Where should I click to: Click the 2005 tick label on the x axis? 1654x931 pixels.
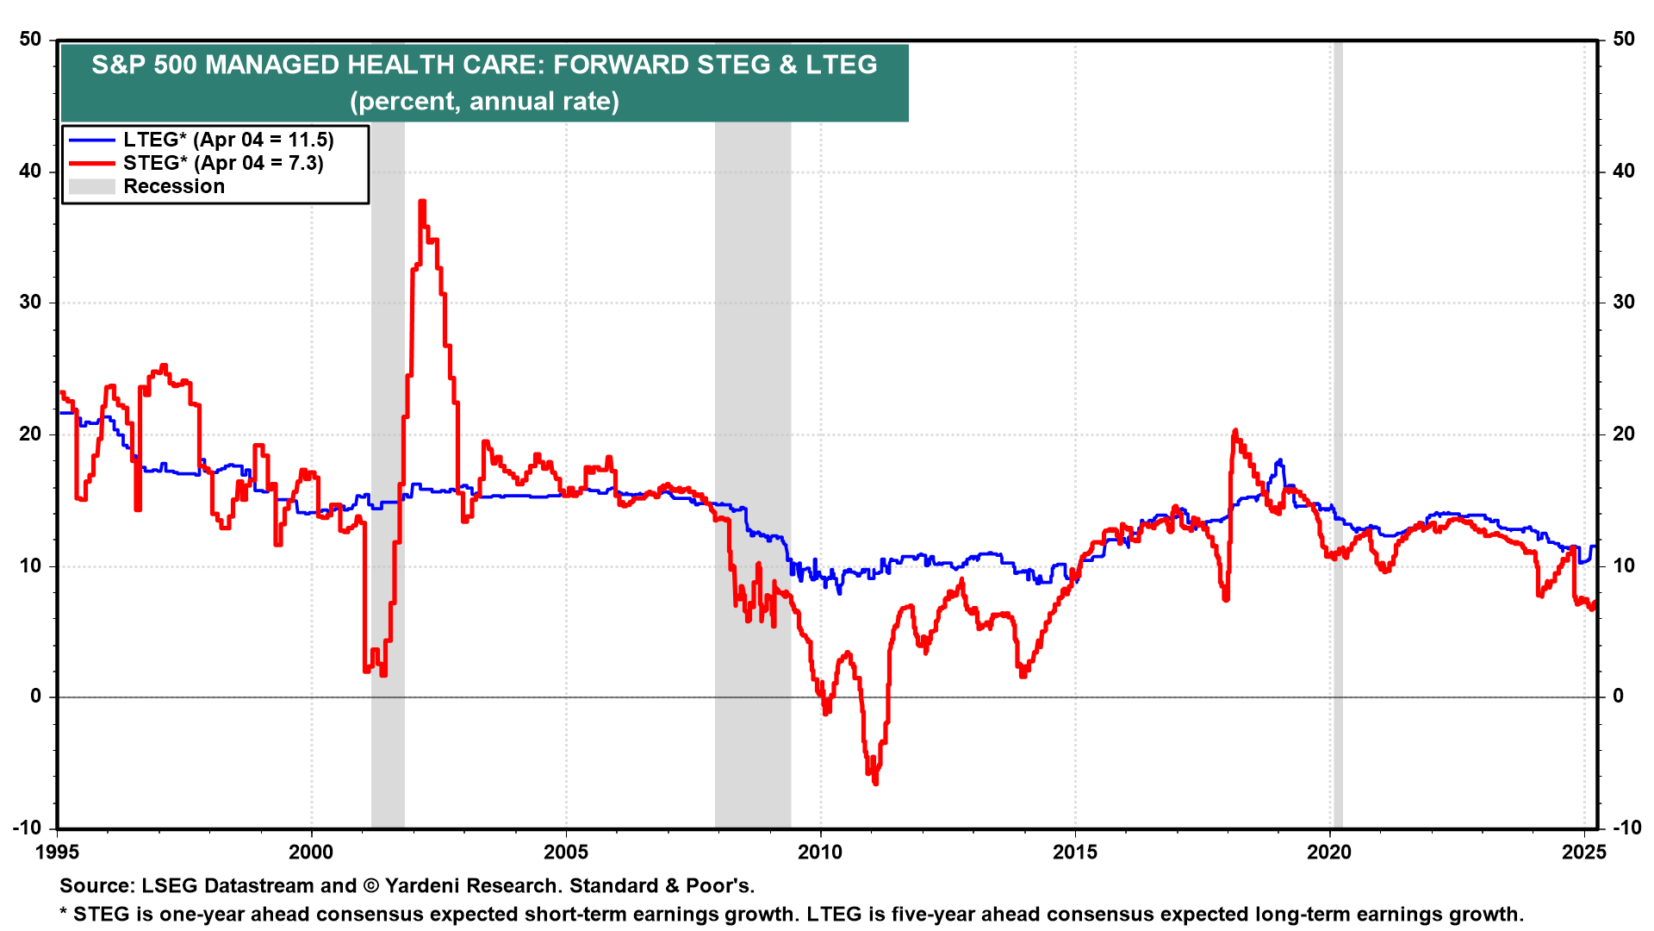(x=566, y=853)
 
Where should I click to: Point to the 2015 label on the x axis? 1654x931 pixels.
(x=1075, y=853)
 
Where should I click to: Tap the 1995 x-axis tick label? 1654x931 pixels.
(x=57, y=853)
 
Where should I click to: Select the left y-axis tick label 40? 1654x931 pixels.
(x=30, y=171)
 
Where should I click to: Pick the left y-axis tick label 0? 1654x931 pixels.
(x=35, y=697)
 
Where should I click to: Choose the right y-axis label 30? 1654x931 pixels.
(x=1623, y=302)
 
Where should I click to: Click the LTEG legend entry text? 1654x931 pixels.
(x=228, y=140)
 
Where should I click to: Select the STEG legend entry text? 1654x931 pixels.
(x=223, y=163)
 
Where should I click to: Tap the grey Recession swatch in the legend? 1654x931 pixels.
(x=91, y=186)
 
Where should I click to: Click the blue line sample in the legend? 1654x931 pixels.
(x=91, y=140)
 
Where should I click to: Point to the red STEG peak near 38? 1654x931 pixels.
(x=422, y=202)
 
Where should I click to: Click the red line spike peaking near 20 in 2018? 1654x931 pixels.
(x=1235, y=430)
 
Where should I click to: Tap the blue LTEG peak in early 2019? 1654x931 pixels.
(x=1280, y=460)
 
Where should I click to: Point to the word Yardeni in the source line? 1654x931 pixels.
(x=426, y=885)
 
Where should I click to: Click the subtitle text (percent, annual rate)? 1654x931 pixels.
(x=484, y=102)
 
